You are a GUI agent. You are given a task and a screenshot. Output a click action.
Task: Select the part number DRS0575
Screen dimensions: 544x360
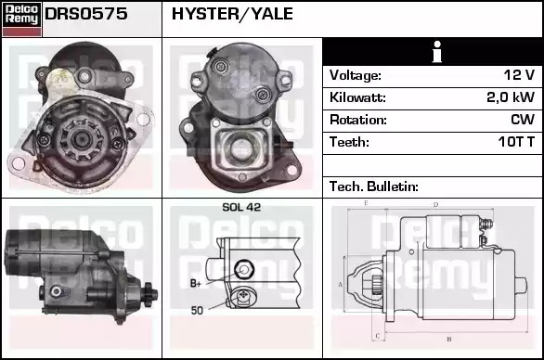(86, 14)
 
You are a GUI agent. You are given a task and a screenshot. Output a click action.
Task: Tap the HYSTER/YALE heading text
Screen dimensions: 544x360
(232, 14)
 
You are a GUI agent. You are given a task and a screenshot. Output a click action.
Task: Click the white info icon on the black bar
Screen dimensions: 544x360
(437, 52)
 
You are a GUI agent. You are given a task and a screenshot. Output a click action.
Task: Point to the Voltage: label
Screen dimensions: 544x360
(355, 75)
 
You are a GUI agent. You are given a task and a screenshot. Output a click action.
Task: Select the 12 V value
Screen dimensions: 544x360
(519, 75)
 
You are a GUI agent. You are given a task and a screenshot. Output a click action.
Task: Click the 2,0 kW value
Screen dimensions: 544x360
(511, 97)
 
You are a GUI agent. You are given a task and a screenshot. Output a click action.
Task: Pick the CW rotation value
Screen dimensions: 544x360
(523, 120)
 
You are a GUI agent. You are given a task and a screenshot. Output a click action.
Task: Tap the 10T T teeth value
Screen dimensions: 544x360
(516, 142)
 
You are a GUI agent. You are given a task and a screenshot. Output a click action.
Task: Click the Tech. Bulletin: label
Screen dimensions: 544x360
(374, 186)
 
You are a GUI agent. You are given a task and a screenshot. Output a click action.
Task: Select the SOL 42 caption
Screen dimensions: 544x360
(241, 207)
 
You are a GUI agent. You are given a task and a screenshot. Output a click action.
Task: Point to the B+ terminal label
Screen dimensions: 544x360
(196, 283)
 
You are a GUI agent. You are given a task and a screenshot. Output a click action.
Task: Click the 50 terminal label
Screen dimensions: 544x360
(197, 310)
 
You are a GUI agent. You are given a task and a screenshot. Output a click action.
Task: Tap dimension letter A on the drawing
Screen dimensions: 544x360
(341, 285)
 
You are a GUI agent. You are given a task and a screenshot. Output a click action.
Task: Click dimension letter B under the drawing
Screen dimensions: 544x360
(449, 339)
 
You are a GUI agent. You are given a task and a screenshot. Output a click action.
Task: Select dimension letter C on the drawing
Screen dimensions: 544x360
(378, 336)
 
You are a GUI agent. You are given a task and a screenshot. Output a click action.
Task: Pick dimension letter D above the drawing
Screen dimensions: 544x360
(436, 205)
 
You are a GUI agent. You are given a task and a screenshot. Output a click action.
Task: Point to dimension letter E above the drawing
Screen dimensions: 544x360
(366, 203)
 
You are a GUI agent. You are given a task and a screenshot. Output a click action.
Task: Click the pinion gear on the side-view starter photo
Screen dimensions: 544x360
(149, 294)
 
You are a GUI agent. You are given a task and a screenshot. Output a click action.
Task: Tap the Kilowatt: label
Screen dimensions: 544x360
(357, 97)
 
